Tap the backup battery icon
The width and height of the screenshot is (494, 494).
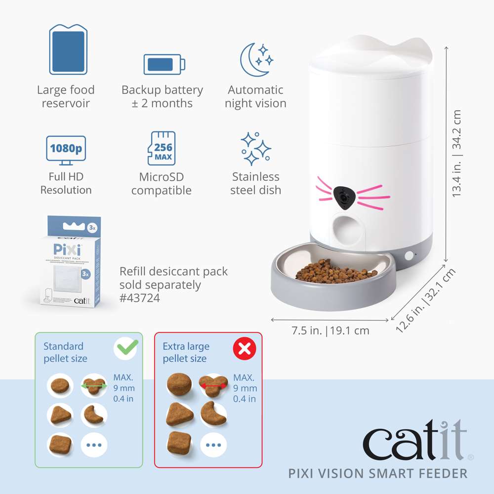[x=165, y=64]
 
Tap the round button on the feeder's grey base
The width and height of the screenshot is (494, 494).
[x=409, y=256]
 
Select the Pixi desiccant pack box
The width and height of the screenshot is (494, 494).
[x=67, y=260]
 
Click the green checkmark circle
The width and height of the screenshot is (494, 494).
[x=125, y=349]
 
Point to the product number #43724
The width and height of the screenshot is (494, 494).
[x=140, y=298]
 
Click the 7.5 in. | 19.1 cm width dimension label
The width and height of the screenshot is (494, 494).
[x=330, y=330]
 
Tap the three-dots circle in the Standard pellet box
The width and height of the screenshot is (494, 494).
[x=93, y=445]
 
